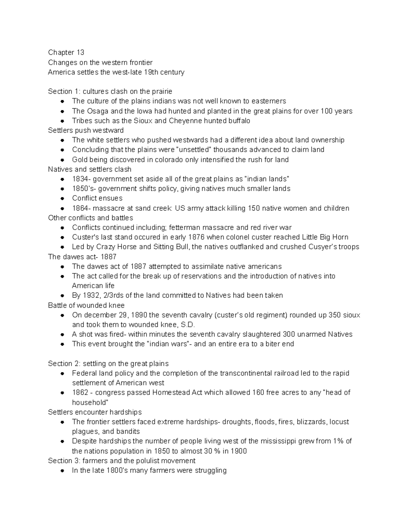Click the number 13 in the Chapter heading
(80, 52)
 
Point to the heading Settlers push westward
(86, 130)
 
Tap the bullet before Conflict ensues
(62, 199)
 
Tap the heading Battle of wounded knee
(86, 306)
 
